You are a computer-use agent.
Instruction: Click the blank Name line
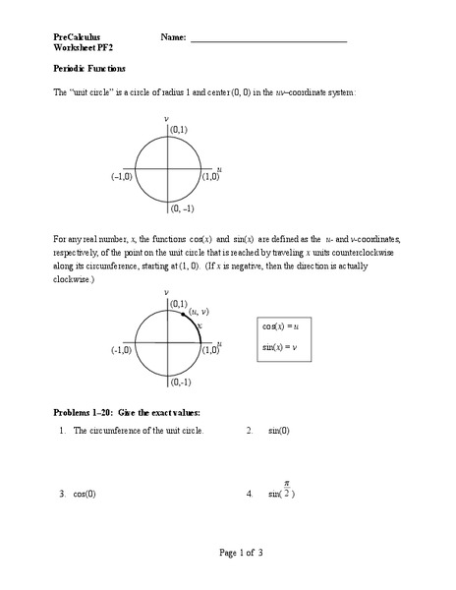[268, 41]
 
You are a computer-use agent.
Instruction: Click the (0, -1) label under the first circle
[182, 208]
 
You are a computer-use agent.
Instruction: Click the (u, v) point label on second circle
[199, 311]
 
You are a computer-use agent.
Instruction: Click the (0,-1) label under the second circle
[180, 382]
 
